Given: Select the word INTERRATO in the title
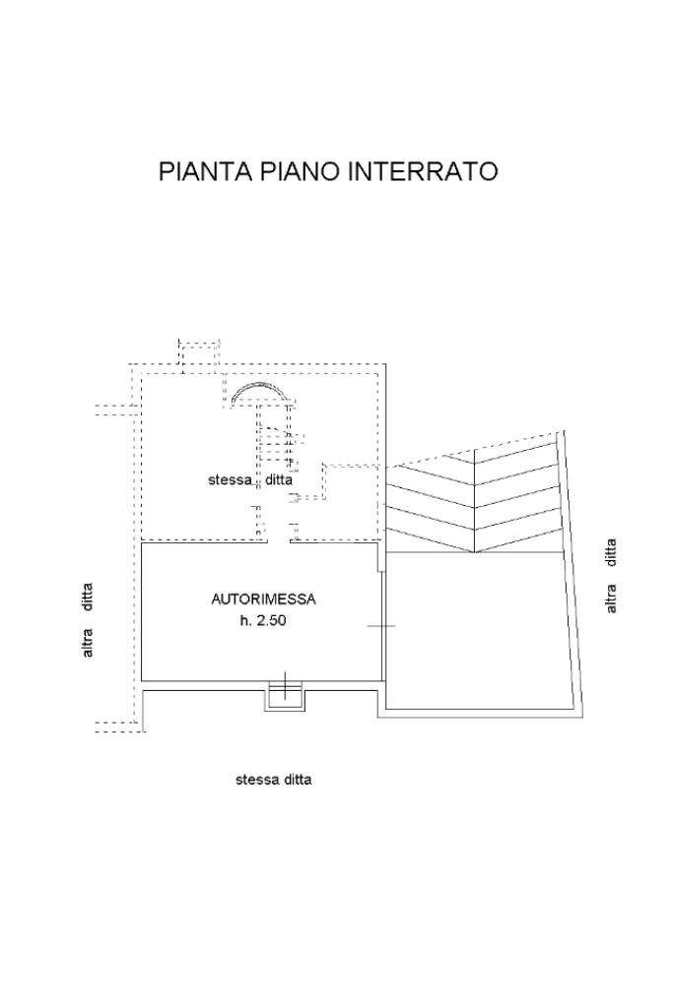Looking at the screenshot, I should (423, 171).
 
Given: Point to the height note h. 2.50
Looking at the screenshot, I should (262, 621).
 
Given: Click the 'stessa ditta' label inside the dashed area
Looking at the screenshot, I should (249, 480).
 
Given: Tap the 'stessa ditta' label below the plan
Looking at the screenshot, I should (273, 780).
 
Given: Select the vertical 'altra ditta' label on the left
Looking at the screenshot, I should (88, 620).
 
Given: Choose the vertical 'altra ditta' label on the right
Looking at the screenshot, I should (612, 576).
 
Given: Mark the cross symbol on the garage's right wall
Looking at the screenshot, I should (380, 625).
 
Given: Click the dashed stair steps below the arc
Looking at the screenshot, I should (276, 443).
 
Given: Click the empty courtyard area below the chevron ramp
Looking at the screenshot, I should (478, 630).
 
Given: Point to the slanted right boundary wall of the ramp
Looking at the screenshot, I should (572, 571).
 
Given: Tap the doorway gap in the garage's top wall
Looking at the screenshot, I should (279, 541).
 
